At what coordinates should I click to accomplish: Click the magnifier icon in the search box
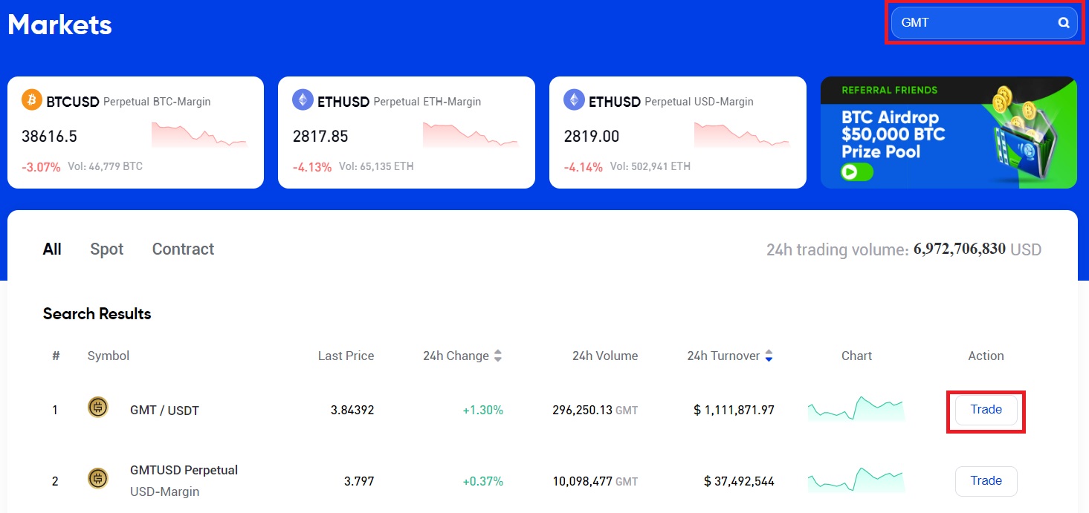(1064, 23)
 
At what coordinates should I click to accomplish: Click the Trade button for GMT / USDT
(986, 410)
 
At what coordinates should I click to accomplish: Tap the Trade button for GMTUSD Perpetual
(986, 481)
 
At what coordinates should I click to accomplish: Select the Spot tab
(107, 249)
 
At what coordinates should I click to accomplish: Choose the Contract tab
(183, 249)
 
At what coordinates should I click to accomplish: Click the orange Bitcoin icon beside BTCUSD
(32, 99)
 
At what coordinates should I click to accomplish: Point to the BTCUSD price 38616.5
(50, 137)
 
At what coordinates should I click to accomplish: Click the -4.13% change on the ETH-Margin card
(312, 167)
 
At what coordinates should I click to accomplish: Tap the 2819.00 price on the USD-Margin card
(592, 137)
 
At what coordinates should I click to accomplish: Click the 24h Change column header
(456, 356)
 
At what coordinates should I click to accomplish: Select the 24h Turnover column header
(723, 356)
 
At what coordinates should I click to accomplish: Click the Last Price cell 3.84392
(352, 410)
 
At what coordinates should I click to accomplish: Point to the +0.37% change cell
(482, 481)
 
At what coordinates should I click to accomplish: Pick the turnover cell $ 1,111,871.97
(734, 410)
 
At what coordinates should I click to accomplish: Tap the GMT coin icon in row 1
(98, 408)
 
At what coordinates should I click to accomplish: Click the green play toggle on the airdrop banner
(857, 172)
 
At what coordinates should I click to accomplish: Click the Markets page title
(59, 25)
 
